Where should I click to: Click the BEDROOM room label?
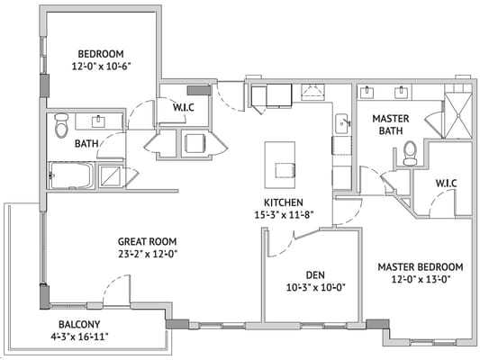100,53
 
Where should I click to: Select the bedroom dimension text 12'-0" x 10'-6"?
100,66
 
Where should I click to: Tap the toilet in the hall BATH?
61,126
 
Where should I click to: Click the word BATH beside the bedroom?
86,143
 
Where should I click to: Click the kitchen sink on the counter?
342,123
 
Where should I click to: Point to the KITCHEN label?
283,202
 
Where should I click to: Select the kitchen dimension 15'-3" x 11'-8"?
283,214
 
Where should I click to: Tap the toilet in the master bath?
410,154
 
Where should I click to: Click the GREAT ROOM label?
147,241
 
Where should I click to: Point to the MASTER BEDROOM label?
420,267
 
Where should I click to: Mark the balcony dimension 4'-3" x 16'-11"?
88,337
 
